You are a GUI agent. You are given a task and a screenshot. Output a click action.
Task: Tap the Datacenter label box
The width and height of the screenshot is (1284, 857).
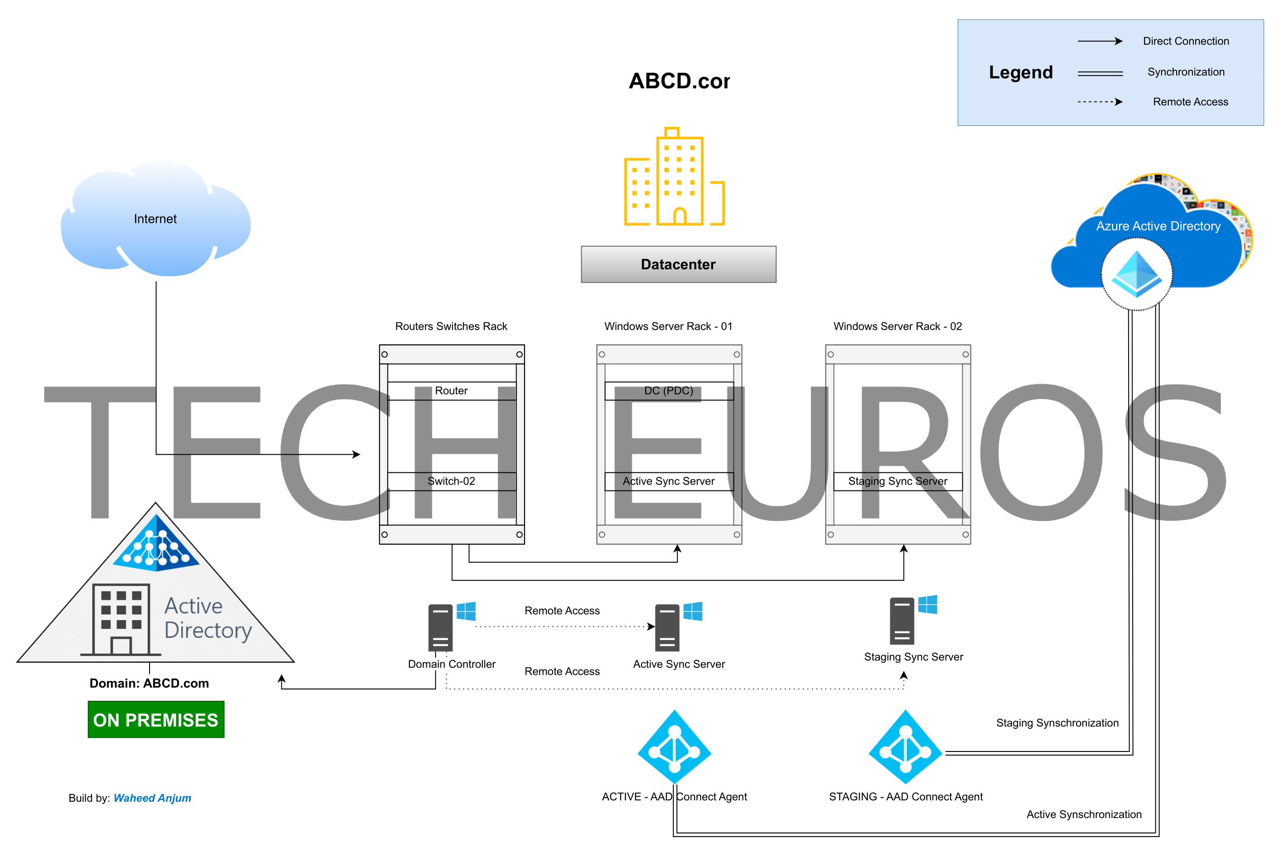click(678, 265)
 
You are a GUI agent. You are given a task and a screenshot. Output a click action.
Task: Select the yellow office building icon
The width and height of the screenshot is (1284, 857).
click(675, 177)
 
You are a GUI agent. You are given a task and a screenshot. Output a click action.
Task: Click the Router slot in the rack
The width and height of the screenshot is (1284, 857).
click(452, 391)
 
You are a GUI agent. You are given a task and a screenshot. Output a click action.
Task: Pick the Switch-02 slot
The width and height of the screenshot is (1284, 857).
click(452, 481)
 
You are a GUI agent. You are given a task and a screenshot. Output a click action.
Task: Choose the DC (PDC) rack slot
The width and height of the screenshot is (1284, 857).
click(669, 391)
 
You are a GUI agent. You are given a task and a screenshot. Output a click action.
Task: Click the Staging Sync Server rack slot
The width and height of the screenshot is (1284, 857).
click(898, 481)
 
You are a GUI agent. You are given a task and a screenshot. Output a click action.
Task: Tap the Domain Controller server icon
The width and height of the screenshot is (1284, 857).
click(440, 627)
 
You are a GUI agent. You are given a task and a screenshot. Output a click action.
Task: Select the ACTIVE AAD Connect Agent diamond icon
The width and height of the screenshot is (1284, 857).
click(674, 746)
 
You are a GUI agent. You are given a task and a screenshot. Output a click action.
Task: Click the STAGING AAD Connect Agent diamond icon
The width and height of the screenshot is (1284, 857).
click(905, 746)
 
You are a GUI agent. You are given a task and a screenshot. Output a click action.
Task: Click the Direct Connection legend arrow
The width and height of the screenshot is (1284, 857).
click(1099, 41)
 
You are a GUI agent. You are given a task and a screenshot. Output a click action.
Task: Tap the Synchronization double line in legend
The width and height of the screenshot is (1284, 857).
click(1099, 72)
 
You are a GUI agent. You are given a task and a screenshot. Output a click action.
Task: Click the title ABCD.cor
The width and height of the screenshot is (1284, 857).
click(679, 81)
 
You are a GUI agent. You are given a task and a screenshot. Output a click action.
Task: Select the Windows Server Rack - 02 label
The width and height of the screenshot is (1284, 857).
click(898, 326)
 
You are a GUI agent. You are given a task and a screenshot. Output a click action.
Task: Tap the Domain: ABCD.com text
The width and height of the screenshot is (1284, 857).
click(149, 683)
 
